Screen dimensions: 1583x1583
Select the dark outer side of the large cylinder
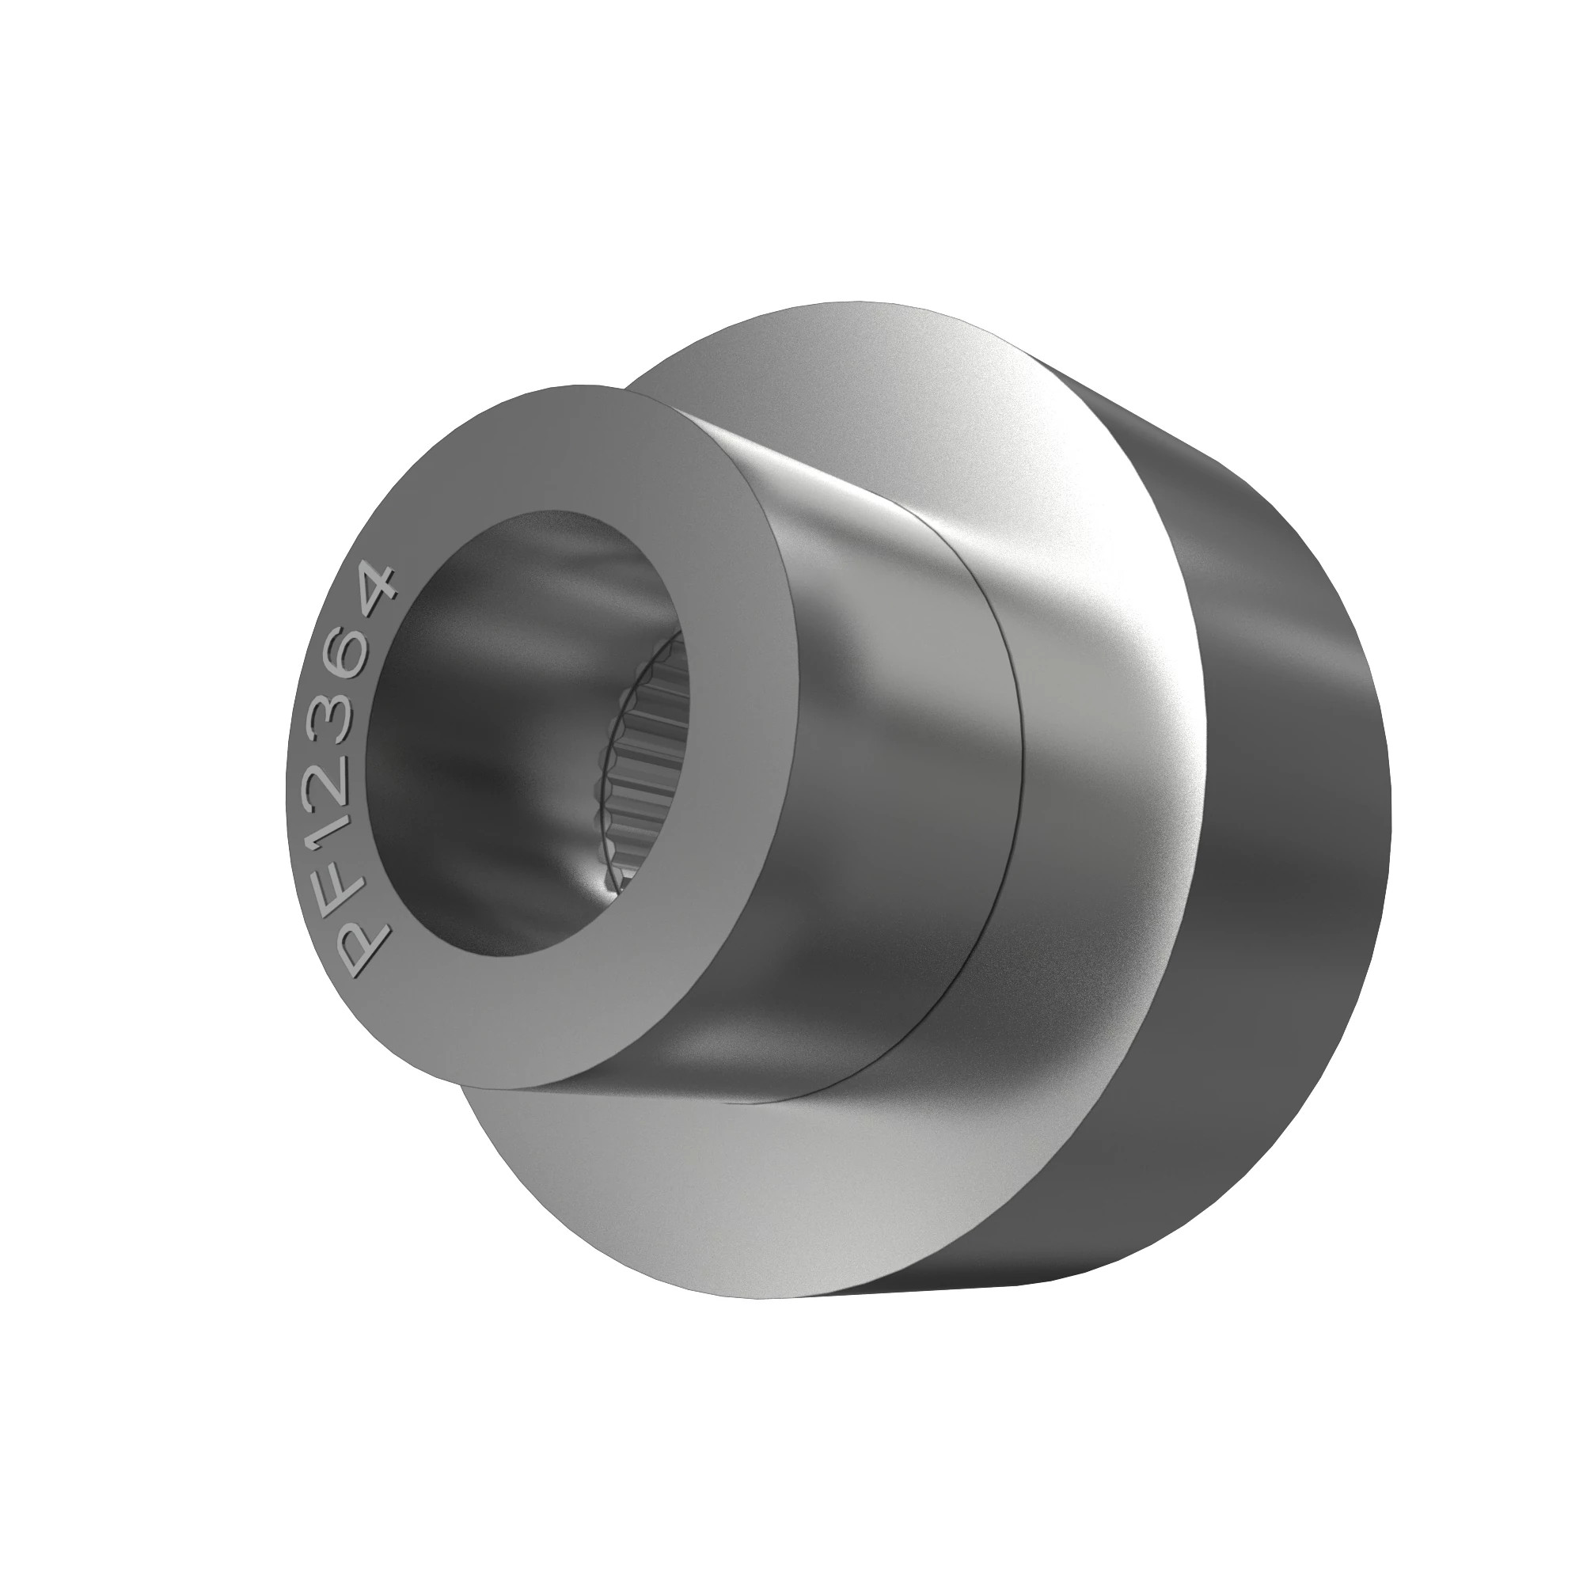point(1295,860)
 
